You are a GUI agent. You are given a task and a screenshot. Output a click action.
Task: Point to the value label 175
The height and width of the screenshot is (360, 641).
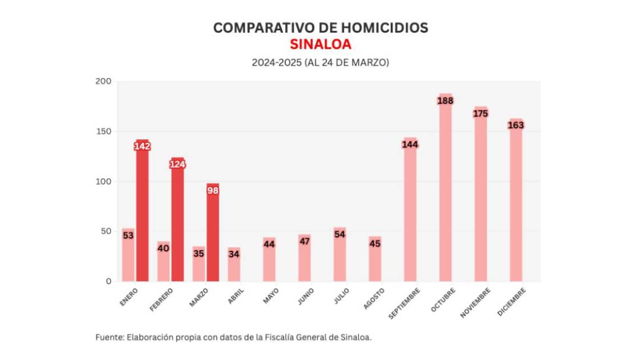480,114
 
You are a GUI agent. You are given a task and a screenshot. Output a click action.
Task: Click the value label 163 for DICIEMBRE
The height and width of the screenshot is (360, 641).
516,125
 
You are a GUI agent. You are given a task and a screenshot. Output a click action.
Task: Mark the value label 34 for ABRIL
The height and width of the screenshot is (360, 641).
234,253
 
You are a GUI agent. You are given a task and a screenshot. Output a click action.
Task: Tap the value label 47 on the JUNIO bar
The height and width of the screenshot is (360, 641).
305,241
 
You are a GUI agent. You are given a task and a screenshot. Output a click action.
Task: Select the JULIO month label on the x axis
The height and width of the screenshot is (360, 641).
340,295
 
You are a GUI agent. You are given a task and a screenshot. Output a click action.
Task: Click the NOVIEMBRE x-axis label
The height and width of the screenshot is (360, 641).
477,301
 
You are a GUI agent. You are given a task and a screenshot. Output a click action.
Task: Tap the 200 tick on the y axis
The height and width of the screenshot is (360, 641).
103,81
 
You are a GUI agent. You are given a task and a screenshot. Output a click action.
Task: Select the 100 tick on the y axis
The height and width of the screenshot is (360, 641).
103,182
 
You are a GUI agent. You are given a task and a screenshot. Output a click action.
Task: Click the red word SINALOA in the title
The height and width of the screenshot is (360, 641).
320,44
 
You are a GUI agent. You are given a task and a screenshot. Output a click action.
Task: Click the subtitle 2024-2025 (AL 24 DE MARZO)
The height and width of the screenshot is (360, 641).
320,62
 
